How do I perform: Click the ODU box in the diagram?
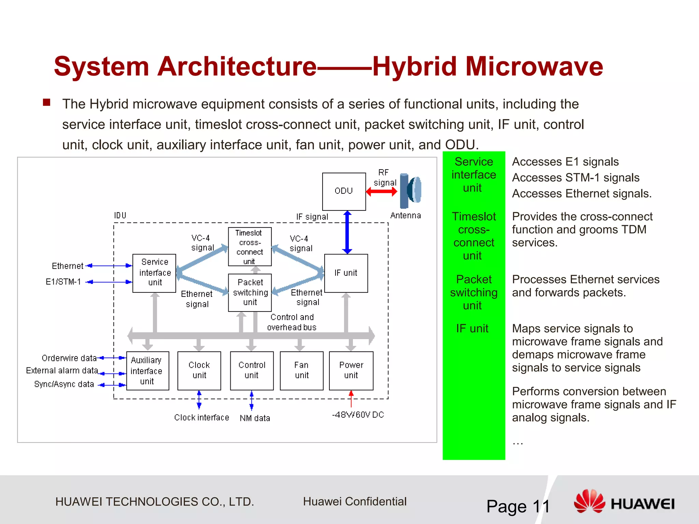(344, 191)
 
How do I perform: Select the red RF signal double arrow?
(382, 192)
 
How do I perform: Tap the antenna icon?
(411, 191)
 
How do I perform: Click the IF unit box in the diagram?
(346, 273)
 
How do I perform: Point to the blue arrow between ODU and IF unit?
(347, 232)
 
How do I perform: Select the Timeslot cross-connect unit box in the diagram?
(249, 247)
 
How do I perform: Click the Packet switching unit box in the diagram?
(249, 292)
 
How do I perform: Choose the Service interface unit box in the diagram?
(154, 273)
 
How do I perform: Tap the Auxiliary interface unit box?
(147, 370)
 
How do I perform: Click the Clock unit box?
(199, 370)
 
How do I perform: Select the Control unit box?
(252, 370)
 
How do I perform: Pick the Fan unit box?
(301, 370)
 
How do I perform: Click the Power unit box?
(351, 370)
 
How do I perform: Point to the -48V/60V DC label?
(358, 415)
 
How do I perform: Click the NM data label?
(255, 418)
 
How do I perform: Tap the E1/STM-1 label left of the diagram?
(63, 282)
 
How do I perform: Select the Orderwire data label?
(69, 358)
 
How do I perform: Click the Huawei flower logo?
(589, 501)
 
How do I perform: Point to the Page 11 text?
(518, 506)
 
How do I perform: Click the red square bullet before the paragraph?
(47, 103)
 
